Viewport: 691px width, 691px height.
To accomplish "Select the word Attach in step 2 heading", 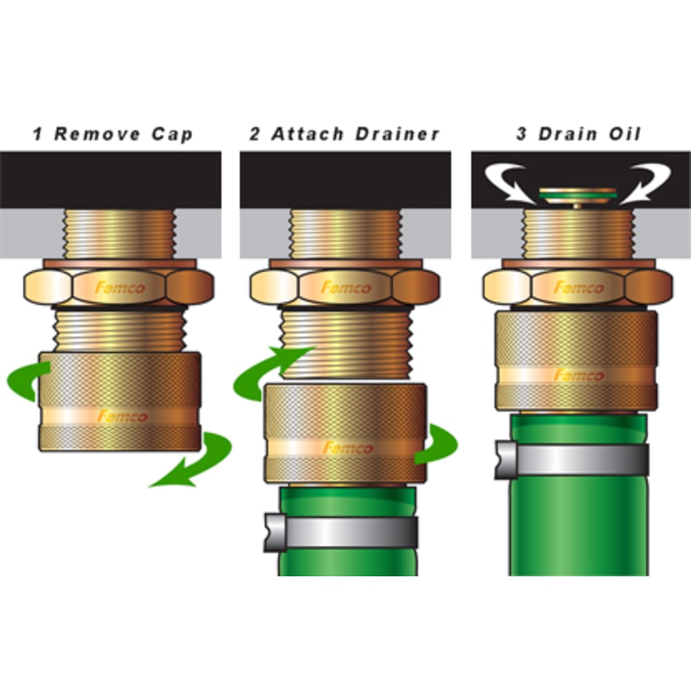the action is [308, 134].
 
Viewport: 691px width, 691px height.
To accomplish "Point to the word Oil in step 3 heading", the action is [624, 134].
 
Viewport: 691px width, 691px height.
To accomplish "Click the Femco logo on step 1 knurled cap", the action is [121, 417].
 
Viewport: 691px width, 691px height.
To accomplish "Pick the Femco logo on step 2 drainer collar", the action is [348, 448].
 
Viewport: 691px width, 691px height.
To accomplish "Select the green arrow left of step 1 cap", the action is [26, 382].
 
